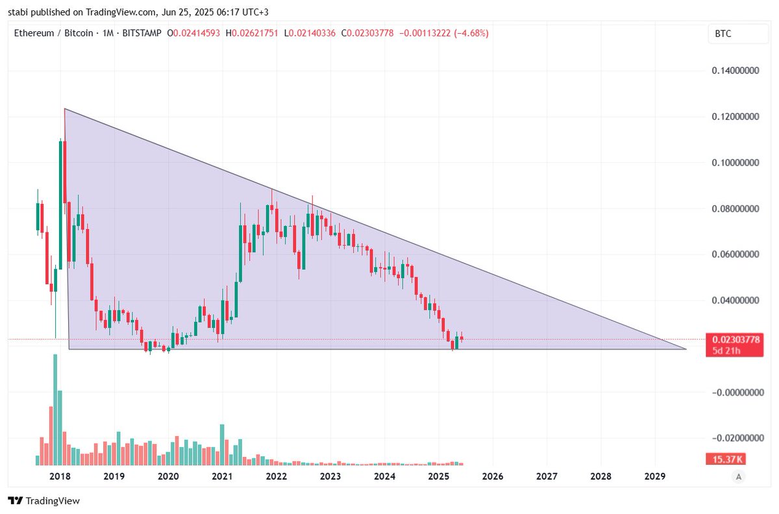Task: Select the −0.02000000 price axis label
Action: click(734, 439)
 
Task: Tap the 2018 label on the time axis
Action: click(60, 477)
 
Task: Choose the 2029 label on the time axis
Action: click(655, 477)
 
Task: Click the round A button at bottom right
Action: click(737, 477)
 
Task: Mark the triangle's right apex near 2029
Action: click(686, 349)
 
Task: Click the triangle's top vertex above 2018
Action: click(64, 109)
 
